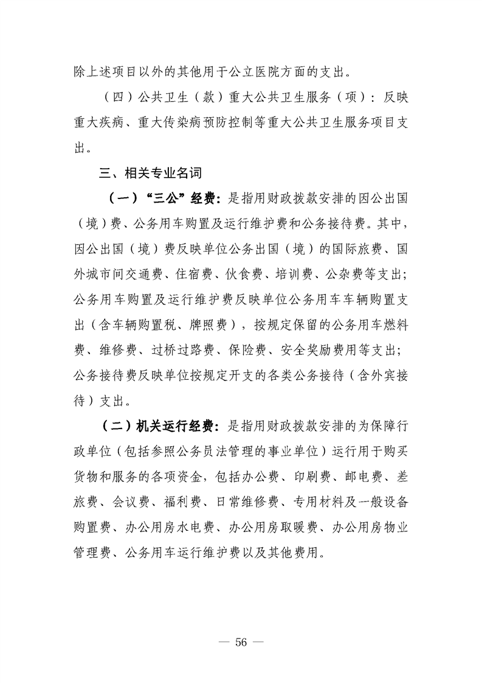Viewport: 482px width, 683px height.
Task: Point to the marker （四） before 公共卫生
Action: [119, 99]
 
